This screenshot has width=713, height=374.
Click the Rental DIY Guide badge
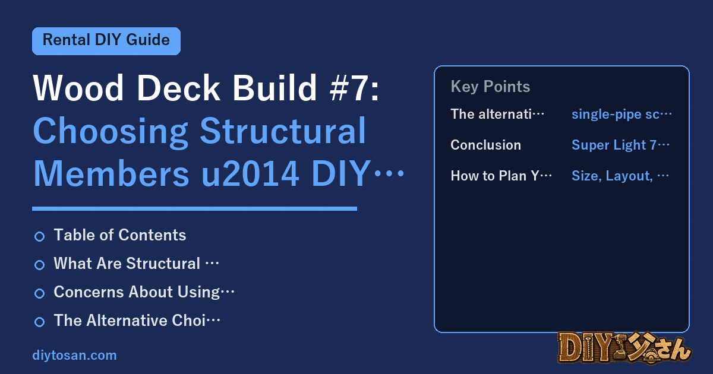point(106,41)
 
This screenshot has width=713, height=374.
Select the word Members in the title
point(112,174)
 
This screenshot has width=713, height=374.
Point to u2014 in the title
point(250,174)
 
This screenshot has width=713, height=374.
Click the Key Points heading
point(490,87)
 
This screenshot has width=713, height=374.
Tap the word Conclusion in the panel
point(486,145)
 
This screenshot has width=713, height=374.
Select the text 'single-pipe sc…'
point(621,114)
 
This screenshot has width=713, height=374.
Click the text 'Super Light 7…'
point(621,145)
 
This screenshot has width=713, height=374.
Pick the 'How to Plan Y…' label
point(501,176)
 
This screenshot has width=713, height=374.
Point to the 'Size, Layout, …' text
point(620,176)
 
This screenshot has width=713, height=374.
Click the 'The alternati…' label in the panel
point(497,114)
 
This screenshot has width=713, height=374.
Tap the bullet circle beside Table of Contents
point(39,237)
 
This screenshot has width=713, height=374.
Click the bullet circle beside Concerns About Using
point(39,293)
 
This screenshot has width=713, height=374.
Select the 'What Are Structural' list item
point(136,264)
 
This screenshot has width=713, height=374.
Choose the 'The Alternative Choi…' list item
point(137,320)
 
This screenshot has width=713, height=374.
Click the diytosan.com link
point(74,355)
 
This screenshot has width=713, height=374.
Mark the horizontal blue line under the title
point(194,208)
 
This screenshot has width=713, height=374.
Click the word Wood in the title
point(78,88)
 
